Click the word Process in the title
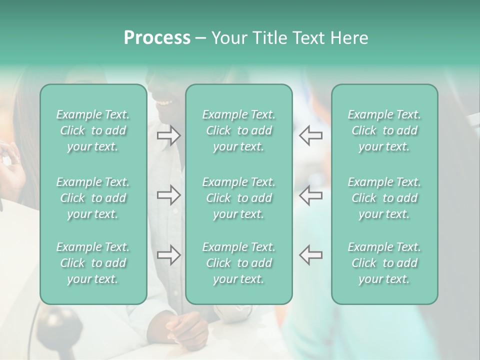(x=157, y=38)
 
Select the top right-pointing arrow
(x=168, y=135)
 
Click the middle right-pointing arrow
(x=168, y=194)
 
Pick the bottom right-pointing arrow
(x=168, y=254)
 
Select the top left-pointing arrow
(x=310, y=135)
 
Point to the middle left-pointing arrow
(x=310, y=194)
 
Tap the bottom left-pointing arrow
(x=310, y=254)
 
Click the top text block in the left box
(x=93, y=130)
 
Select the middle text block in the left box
(x=93, y=198)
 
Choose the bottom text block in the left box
(x=93, y=263)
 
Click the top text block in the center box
(x=238, y=130)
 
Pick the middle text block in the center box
(x=238, y=198)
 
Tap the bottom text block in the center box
(x=238, y=263)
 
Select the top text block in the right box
(x=384, y=130)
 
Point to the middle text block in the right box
(x=384, y=198)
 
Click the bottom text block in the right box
(x=384, y=263)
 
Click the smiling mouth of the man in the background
(x=164, y=102)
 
